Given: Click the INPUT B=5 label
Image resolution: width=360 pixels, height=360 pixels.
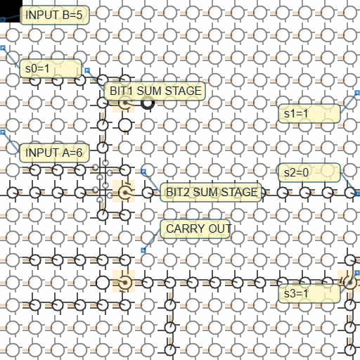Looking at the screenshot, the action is click(54, 15).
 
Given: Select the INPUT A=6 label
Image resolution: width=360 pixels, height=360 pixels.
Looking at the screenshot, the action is click(54, 153).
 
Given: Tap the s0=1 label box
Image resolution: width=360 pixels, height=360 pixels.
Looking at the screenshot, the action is click(51, 68).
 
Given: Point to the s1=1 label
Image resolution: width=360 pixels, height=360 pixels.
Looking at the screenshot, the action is click(309, 113).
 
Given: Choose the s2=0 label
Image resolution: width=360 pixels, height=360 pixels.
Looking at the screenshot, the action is click(309, 172).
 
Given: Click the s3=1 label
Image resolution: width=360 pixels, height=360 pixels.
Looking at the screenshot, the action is click(309, 293).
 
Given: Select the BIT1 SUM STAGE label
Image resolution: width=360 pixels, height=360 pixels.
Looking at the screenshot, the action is click(155, 91).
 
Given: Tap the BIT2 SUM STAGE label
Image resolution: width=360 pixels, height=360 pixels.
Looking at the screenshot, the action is click(211, 192).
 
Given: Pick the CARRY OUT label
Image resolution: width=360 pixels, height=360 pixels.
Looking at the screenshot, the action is click(195, 229).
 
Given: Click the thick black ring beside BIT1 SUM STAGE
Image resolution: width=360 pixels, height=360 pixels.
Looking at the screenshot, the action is click(148, 103).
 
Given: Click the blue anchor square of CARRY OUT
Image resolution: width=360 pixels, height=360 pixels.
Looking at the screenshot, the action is click(143, 250).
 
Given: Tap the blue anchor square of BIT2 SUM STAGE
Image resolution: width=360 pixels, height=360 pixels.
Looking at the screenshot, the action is click(143, 172).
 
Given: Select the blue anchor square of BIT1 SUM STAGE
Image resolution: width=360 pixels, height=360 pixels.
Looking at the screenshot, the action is click(87, 70).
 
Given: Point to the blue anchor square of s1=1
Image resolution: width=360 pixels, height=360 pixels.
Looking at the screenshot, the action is click(357, 93).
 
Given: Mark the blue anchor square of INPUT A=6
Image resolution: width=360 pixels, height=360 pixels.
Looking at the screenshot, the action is click(3, 132).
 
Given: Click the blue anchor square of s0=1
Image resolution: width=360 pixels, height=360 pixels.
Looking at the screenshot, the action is click(3, 48).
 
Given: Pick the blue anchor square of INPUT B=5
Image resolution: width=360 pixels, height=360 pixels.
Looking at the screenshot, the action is click(3, 19).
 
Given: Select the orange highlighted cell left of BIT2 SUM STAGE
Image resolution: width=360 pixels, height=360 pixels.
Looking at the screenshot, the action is click(124, 191).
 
